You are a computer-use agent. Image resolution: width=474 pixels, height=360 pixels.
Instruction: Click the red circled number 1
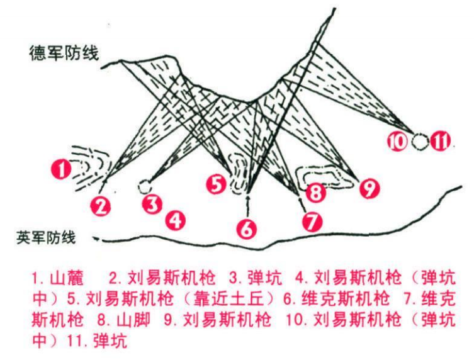[x=61, y=169]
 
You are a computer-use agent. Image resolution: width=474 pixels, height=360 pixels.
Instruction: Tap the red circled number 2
[x=101, y=206]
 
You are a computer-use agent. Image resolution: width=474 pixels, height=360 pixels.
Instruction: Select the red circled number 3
[x=152, y=205]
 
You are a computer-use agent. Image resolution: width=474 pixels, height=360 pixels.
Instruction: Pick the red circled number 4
[x=176, y=220]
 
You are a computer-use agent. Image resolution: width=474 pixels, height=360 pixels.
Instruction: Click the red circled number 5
[x=217, y=184]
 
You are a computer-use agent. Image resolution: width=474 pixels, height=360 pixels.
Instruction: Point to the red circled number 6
[x=247, y=229]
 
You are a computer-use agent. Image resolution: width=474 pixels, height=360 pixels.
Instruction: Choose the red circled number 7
[x=312, y=222]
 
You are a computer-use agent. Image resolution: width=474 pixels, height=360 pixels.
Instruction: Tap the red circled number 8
[x=316, y=193]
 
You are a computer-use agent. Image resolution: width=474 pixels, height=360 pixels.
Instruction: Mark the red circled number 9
[x=370, y=188]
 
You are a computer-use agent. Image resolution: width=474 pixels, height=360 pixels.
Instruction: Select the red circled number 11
[x=441, y=141]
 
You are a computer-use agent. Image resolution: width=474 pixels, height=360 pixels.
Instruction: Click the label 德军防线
[x=64, y=53]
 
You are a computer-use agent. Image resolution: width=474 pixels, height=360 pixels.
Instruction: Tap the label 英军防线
[x=46, y=237]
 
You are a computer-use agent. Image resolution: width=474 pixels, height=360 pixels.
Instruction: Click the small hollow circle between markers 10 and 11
[x=419, y=142]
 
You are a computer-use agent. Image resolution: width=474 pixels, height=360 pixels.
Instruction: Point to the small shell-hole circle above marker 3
[x=145, y=186]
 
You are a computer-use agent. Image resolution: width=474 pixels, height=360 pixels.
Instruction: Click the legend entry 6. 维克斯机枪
[x=336, y=299]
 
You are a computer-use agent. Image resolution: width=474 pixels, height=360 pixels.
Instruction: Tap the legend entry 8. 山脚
[x=124, y=320]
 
